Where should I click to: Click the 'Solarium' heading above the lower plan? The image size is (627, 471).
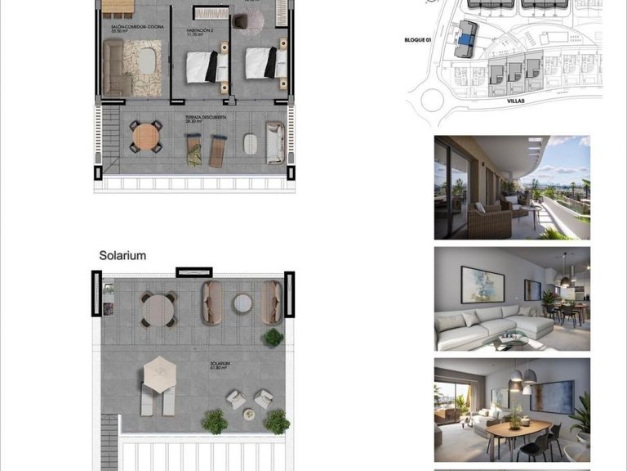pos(122,256)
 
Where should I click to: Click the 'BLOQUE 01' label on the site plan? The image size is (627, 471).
pos(422,39)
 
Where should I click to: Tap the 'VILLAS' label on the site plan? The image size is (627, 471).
pos(515,101)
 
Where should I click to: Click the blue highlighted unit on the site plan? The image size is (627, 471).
pos(465,38)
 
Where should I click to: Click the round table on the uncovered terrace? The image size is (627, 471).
pos(146,136)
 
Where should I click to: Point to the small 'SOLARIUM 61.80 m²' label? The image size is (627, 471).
pos(219,365)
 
